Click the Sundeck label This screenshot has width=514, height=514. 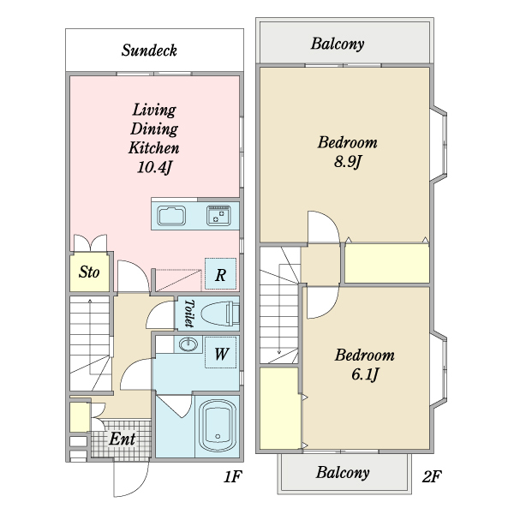pyautogui.click(x=149, y=51)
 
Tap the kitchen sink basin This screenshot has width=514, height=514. pyautogui.click(x=171, y=216)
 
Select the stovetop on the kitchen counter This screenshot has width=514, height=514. pyautogui.click(x=218, y=215)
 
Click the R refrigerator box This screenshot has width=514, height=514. pyautogui.click(x=221, y=274)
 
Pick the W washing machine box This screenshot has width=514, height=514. pyautogui.click(x=221, y=352)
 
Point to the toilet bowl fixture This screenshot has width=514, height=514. pyautogui.click(x=219, y=314)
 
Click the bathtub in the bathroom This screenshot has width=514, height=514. pyautogui.click(x=218, y=426)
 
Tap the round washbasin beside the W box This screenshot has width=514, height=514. pyautogui.click(x=188, y=344)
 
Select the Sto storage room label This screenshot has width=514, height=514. pyautogui.click(x=89, y=272)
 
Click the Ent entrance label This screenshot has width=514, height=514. pyautogui.click(x=122, y=439)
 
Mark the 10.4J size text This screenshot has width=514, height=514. pyautogui.click(x=154, y=167)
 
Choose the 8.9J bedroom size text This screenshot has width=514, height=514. pyautogui.click(x=348, y=161)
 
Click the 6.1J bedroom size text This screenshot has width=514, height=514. pyautogui.click(x=365, y=374)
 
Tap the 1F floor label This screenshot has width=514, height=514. pyautogui.click(x=233, y=476)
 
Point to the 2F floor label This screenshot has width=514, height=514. pyautogui.click(x=432, y=476)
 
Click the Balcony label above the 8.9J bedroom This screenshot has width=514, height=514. pyautogui.click(x=338, y=44)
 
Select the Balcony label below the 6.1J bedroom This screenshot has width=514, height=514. pyautogui.click(x=343, y=472)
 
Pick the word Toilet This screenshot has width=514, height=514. pyautogui.click(x=188, y=313)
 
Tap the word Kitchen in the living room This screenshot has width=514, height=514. pyautogui.click(x=153, y=148)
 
